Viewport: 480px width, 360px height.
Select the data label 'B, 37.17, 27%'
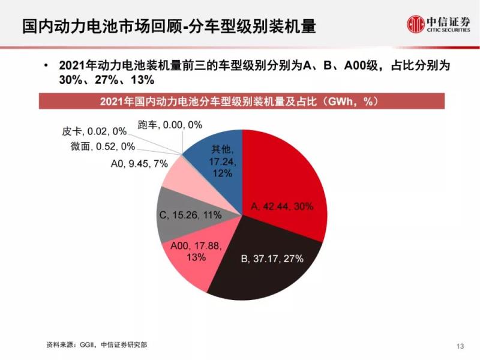pos(272,259)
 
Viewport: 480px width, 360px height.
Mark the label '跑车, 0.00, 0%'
pos(170,124)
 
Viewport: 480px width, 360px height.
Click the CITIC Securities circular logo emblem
pos(415,24)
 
